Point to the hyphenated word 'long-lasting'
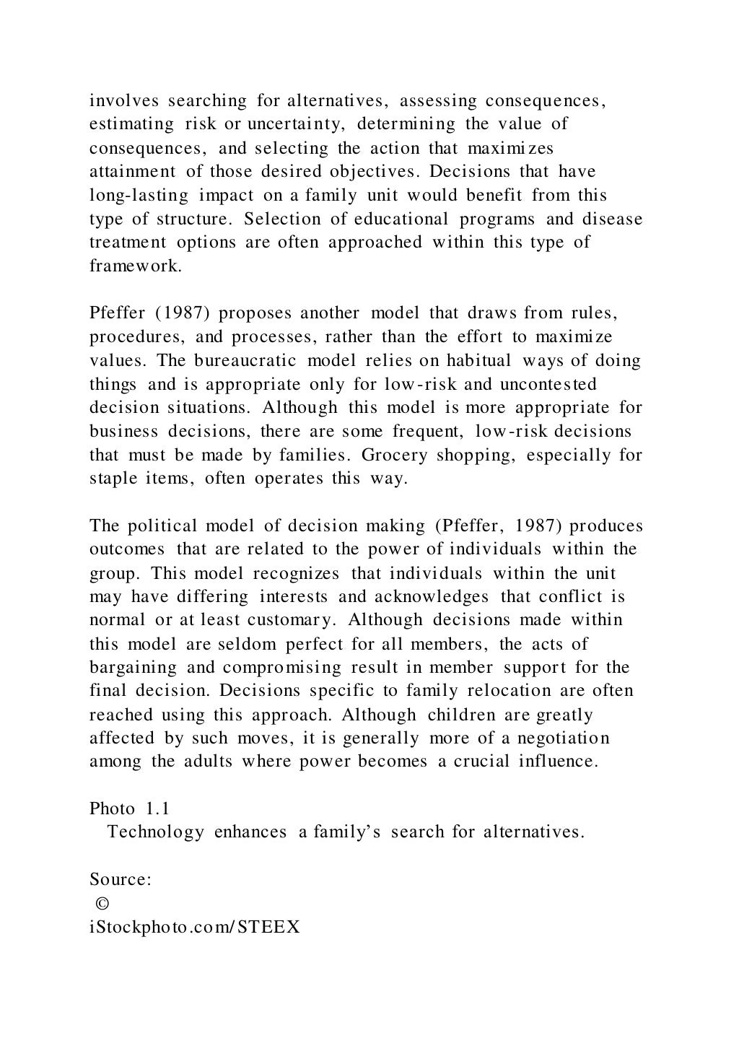[139, 196]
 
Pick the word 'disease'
[612, 219]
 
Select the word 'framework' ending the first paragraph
[134, 266]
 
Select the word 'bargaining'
[133, 668]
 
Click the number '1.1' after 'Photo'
[157, 809]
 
